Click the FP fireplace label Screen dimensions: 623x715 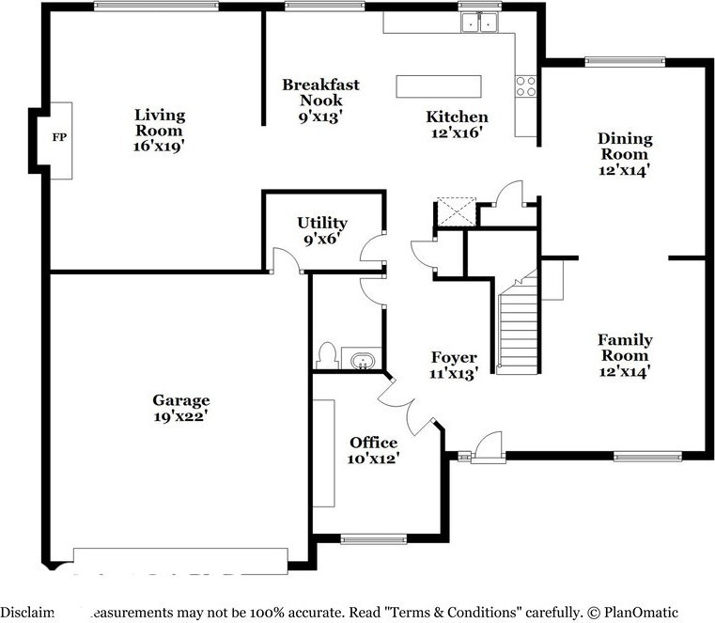point(58,138)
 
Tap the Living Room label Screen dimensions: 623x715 point(160,123)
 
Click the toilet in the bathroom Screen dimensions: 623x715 point(328,355)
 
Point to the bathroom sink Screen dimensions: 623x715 point(362,360)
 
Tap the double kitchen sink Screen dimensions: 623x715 point(479,23)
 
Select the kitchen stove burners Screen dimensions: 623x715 point(525,86)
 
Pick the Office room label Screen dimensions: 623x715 point(373,443)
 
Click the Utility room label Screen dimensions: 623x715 point(322,223)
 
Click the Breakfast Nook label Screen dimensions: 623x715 point(320,92)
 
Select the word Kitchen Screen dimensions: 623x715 point(457,117)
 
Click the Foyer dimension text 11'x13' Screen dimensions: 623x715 point(454,373)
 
